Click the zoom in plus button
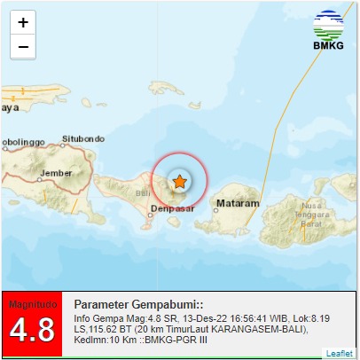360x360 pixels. pos(22,22)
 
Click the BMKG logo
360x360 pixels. pos(329,31)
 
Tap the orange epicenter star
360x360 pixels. pos(179,182)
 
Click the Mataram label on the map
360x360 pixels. pos(238,203)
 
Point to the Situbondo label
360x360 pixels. pos(84,139)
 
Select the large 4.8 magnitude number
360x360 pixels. pos(32,330)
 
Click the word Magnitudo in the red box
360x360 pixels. pos(32,304)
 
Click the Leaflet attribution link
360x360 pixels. pos(339,353)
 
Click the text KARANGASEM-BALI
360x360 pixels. pos(262,329)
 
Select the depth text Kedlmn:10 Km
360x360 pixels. pos(104,340)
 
